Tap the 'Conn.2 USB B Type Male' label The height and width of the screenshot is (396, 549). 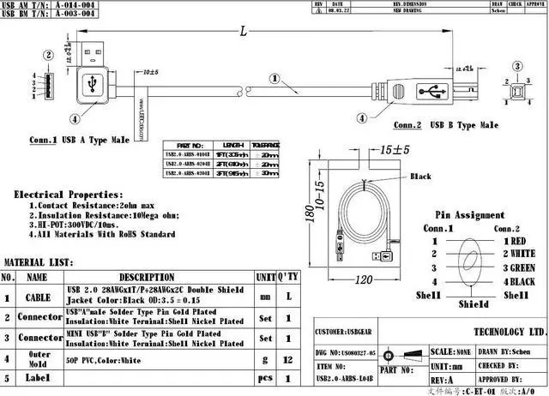coord(444,125)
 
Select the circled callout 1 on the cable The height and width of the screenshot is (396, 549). coord(274,77)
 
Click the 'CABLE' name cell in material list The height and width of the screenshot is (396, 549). coord(37,297)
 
